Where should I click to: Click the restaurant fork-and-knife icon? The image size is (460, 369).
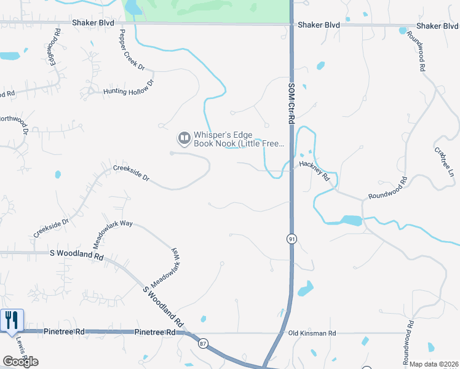pos(11,320)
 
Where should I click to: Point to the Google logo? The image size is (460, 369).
pos(20,362)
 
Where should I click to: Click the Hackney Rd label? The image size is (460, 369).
pos(315,171)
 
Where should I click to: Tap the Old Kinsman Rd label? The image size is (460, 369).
pos(312,333)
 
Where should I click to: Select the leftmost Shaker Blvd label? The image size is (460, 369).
pos(93,23)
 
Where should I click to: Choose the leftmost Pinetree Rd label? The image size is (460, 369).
pos(63,331)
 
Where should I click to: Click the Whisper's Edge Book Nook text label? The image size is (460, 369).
pos(239,139)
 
